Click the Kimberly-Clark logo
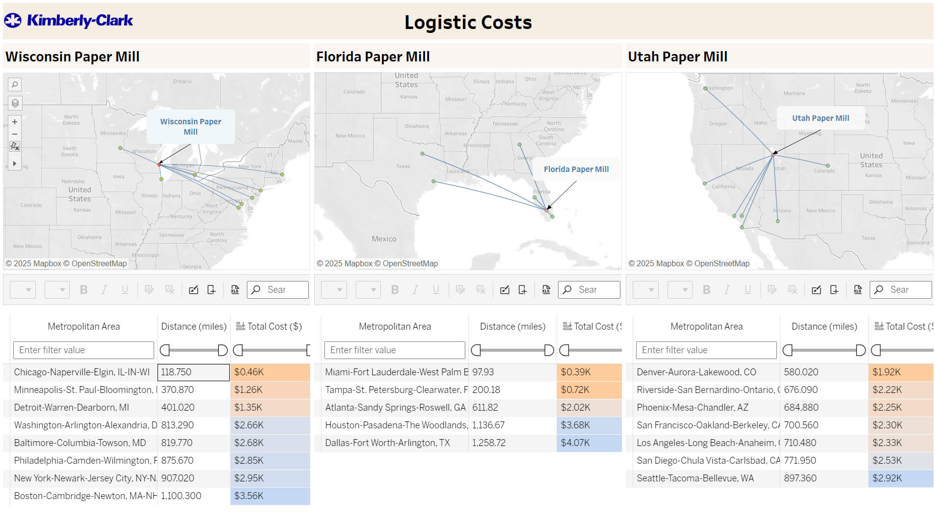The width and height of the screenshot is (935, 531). (x=69, y=21)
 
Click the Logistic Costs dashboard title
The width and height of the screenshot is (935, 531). (x=468, y=22)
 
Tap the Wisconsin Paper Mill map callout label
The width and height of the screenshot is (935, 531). (x=190, y=127)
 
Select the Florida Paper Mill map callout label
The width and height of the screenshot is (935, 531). (x=576, y=169)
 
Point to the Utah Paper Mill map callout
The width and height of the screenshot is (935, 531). (x=820, y=118)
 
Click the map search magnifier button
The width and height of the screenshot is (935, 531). (x=15, y=84)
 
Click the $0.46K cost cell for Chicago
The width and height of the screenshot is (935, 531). (x=269, y=372)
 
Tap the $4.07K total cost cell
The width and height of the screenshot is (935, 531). (x=588, y=443)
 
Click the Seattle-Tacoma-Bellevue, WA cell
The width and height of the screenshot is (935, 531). (x=695, y=478)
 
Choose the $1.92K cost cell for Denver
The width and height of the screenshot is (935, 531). (x=900, y=372)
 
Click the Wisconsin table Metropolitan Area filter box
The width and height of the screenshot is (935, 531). (x=83, y=350)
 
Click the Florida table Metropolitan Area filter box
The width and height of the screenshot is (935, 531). (x=395, y=350)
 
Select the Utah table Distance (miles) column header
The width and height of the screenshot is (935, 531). (x=824, y=327)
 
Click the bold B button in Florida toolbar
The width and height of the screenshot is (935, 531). (x=395, y=290)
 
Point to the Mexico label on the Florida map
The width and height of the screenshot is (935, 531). (x=384, y=239)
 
